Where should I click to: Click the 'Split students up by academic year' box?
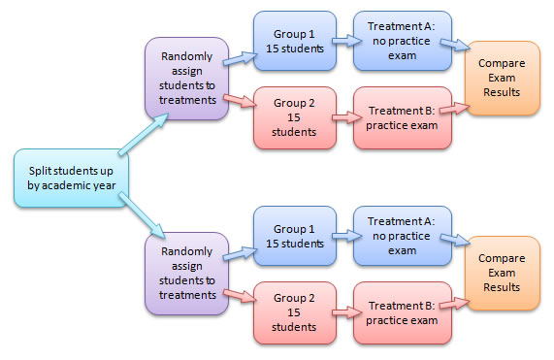pyautogui.click(x=71, y=178)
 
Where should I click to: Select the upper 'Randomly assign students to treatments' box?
pyautogui.click(x=187, y=79)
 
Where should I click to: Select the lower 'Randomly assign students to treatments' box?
pyautogui.click(x=187, y=274)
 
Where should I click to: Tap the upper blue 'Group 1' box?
pyautogui.click(x=295, y=41)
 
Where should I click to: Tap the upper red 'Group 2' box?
pyautogui.click(x=295, y=117)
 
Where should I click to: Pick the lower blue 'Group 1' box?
pyautogui.click(x=295, y=236)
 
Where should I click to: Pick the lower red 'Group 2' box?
pyautogui.click(x=295, y=312)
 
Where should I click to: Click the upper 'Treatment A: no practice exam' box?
pyautogui.click(x=403, y=41)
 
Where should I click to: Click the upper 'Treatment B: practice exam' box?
pyautogui.click(x=403, y=117)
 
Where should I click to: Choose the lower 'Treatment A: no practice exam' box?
pyautogui.click(x=403, y=236)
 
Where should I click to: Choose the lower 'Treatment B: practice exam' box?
pyautogui.click(x=403, y=312)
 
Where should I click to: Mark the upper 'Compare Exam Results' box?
pyautogui.click(x=502, y=78)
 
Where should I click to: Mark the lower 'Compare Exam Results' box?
pyautogui.click(x=502, y=273)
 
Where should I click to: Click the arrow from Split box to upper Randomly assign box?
pyautogui.click(x=143, y=134)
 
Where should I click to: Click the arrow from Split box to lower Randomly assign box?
pyautogui.click(x=142, y=215)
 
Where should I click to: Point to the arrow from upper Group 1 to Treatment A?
pyautogui.click(x=347, y=41)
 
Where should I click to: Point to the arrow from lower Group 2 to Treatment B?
pyautogui.click(x=347, y=312)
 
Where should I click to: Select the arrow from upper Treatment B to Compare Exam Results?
pyautogui.click(x=455, y=108)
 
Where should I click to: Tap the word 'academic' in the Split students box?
pyautogui.click(x=63, y=185)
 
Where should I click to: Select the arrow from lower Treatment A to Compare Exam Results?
pyautogui.click(x=455, y=240)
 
